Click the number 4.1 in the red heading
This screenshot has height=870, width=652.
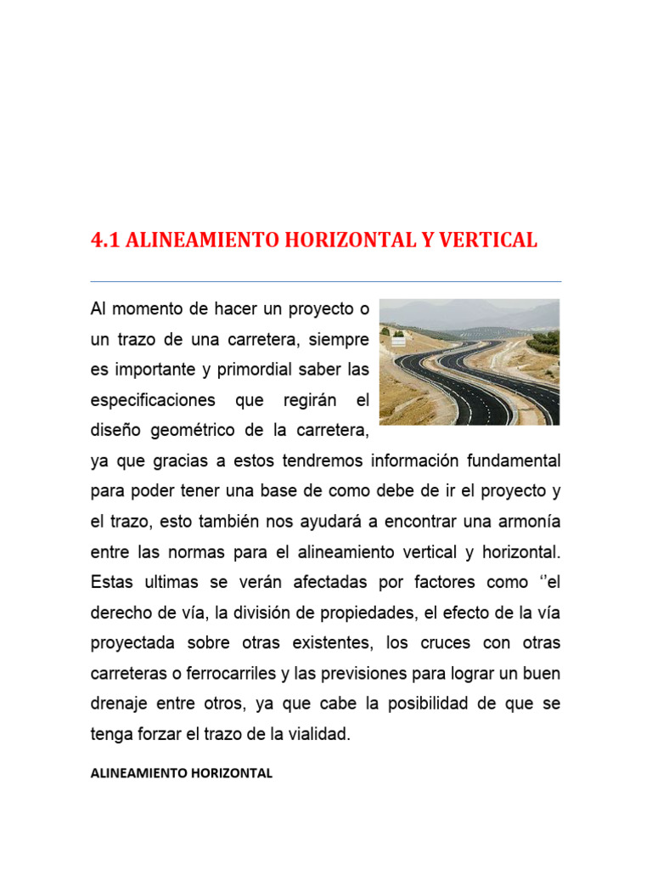pyautogui.click(x=104, y=240)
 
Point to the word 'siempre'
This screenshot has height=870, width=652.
pyautogui.click(x=339, y=340)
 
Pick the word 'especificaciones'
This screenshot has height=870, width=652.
pyautogui.click(x=153, y=400)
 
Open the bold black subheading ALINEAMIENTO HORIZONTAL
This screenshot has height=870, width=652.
pyautogui.click(x=182, y=773)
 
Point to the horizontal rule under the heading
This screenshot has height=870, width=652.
pyautogui.click(x=326, y=281)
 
